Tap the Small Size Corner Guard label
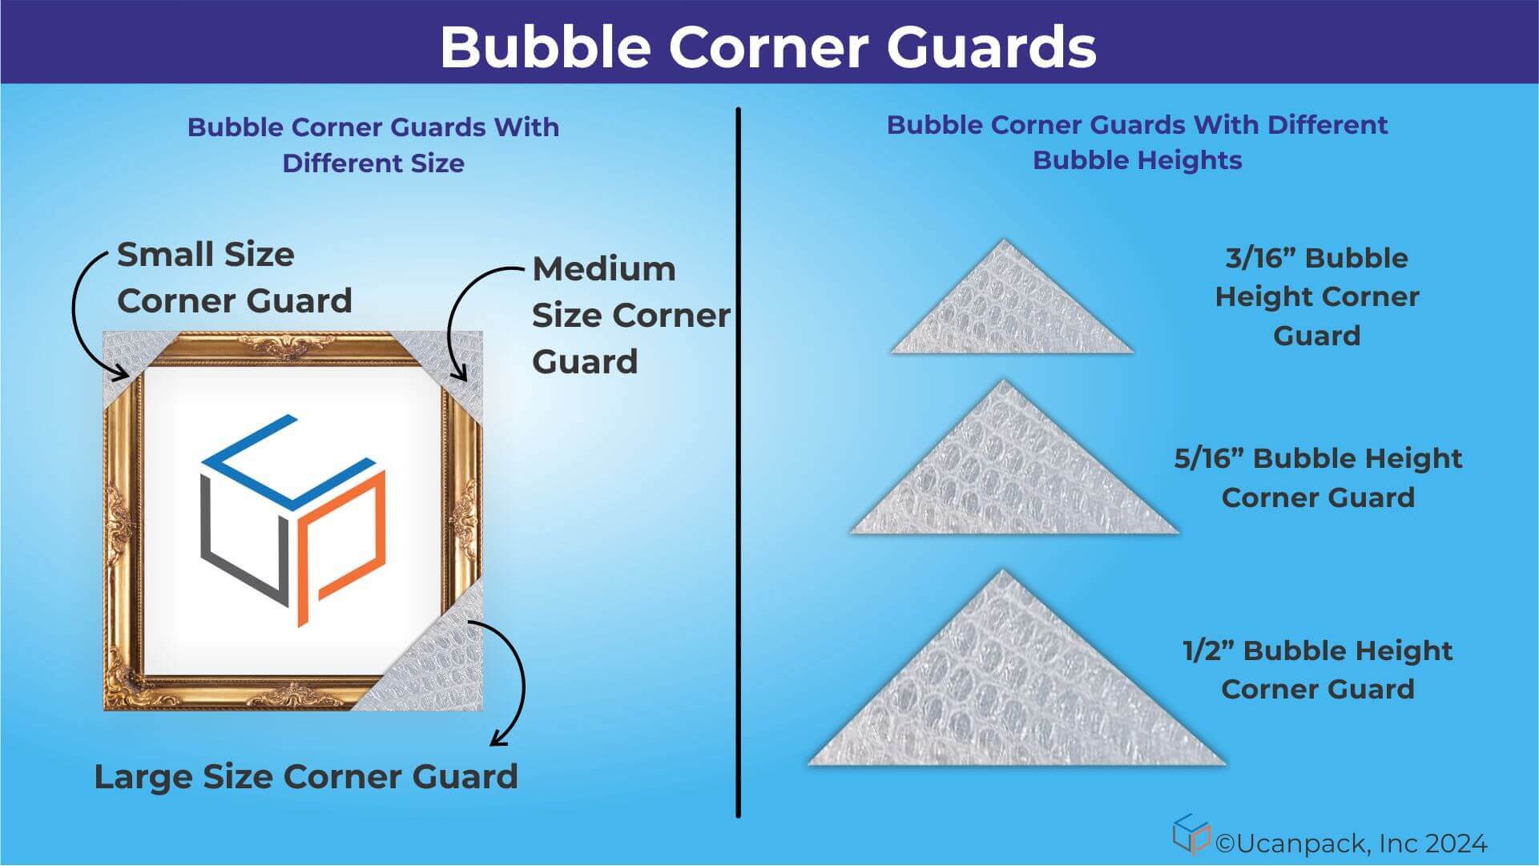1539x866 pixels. (234, 277)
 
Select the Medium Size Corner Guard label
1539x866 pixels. (631, 315)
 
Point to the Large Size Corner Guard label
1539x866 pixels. (306, 776)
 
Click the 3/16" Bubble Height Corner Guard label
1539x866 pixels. (1316, 296)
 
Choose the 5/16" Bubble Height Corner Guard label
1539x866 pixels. (1318, 477)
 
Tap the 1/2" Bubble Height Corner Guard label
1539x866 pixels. (1318, 670)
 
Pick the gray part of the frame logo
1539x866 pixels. (232, 553)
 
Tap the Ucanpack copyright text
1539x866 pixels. (1351, 844)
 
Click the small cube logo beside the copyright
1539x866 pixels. (1191, 834)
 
